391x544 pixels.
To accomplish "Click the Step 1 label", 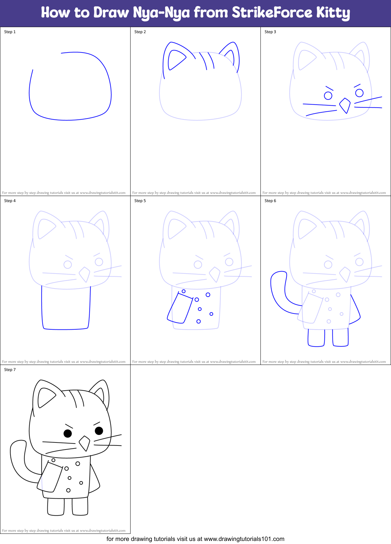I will click(10, 32).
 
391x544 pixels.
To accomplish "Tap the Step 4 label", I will click(10, 201).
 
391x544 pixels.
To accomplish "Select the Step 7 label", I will click(10, 370).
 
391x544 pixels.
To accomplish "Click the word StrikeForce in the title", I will click(272, 13).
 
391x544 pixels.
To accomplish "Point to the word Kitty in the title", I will click(333, 13).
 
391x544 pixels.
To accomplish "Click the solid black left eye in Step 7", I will click(68, 433).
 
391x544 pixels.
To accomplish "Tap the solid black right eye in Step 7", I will click(99, 431).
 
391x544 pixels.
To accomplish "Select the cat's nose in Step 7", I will click(85, 443).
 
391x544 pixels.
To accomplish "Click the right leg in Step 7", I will click(80, 506).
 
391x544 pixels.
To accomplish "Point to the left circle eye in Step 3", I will click(328, 96).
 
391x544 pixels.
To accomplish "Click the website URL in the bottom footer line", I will click(244, 539).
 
